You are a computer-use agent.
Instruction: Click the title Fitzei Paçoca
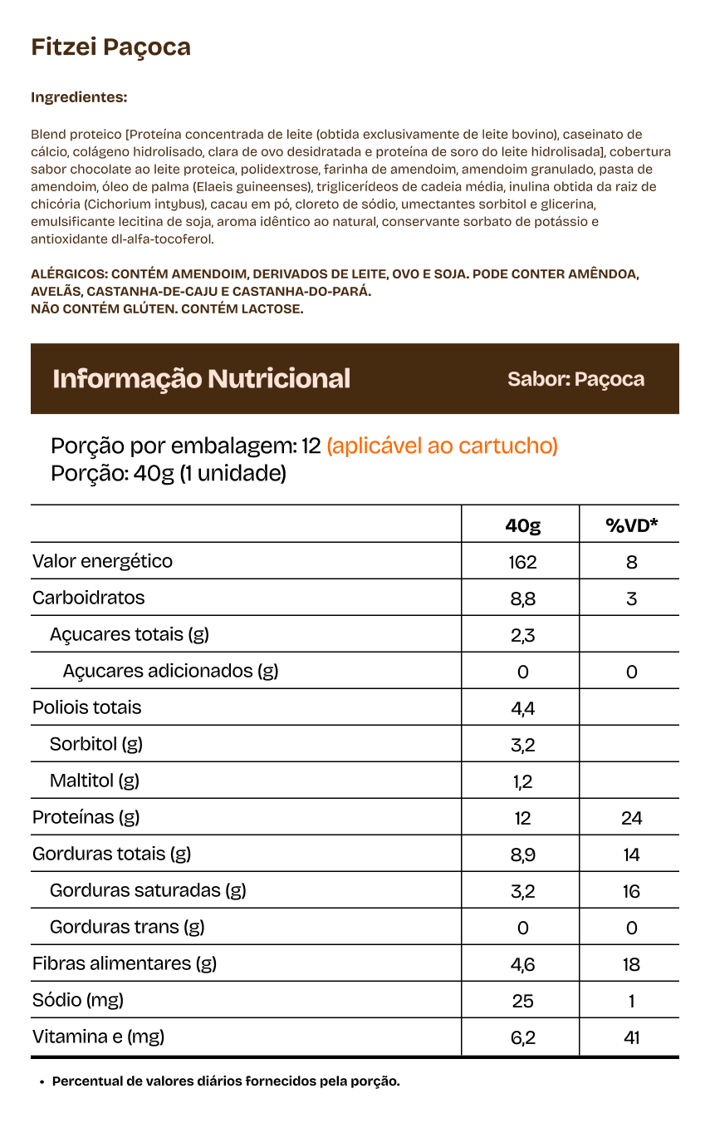pyautogui.click(x=111, y=47)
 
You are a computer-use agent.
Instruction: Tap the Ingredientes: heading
pyautogui.click(x=79, y=97)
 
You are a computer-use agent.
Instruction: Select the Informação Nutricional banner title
pyautogui.click(x=202, y=379)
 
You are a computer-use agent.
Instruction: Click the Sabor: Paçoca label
pyautogui.click(x=575, y=379)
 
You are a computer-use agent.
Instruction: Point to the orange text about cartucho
pyautogui.click(x=442, y=446)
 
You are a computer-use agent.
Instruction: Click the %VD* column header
pyautogui.click(x=631, y=525)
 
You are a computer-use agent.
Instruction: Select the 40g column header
pyautogui.click(x=522, y=525)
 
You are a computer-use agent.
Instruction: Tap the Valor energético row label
pyautogui.click(x=103, y=561)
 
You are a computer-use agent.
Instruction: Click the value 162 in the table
pyautogui.click(x=522, y=562)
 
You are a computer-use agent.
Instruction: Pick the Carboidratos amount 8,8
pyautogui.click(x=522, y=598)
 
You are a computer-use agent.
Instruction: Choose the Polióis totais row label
pyautogui.click(x=87, y=707)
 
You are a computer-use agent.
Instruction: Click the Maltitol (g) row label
pyautogui.click(x=95, y=781)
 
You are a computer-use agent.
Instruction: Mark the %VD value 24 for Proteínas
pyautogui.click(x=631, y=818)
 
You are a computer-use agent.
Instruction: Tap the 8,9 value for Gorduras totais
pyautogui.click(x=522, y=855)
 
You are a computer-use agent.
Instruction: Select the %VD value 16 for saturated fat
pyautogui.click(x=631, y=891)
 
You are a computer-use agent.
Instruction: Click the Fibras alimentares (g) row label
pyautogui.click(x=125, y=963)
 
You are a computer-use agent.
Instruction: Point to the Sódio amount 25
pyautogui.click(x=522, y=1001)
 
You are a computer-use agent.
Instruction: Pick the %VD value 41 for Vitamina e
pyautogui.click(x=631, y=1037)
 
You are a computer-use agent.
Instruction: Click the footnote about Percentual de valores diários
pyautogui.click(x=226, y=1081)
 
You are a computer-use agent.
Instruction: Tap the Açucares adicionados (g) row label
pyautogui.click(x=170, y=671)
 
